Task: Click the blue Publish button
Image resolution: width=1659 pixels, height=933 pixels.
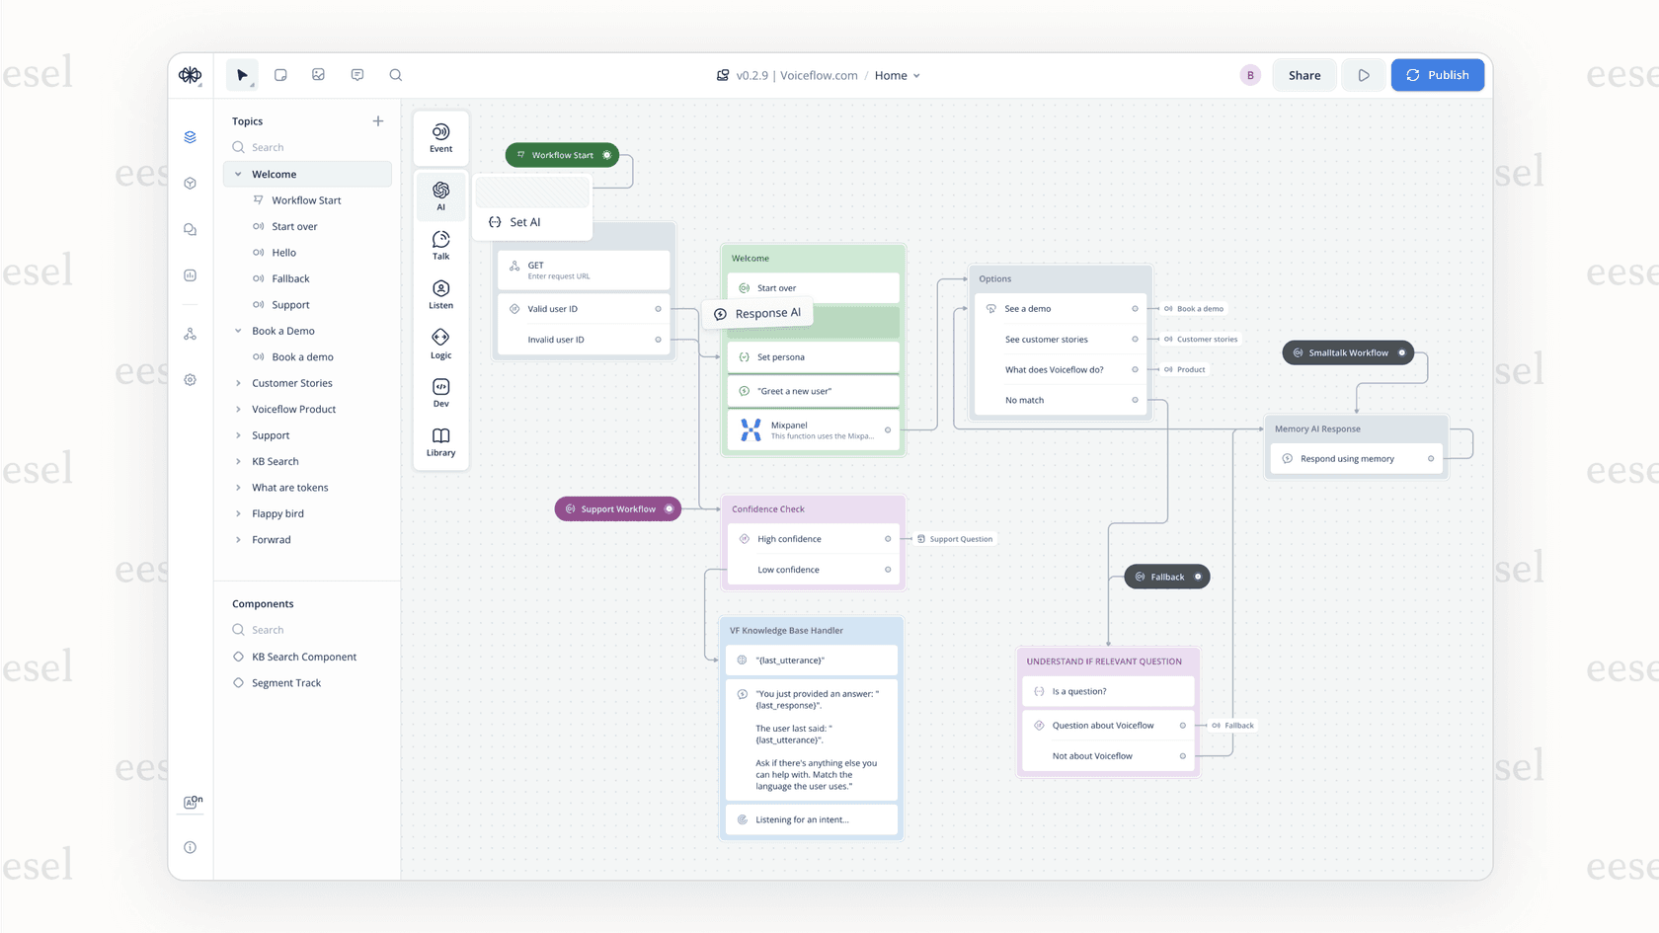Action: pos(1437,75)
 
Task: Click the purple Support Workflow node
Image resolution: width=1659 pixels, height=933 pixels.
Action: pos(617,509)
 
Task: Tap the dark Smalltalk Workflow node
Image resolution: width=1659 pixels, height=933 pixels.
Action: pos(1347,352)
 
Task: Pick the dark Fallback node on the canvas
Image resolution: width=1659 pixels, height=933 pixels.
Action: pos(1166,577)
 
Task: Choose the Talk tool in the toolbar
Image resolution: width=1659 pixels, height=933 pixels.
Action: pos(440,245)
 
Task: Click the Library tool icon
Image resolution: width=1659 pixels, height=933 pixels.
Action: pos(440,441)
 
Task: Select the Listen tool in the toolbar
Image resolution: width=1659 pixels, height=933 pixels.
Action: pos(440,294)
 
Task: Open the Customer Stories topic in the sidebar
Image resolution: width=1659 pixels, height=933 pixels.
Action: pos(292,383)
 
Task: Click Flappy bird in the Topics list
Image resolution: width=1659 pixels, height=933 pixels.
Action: pos(277,513)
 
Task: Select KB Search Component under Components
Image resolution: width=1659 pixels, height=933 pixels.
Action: pos(304,657)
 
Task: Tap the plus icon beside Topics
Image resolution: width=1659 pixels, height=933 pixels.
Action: pos(378,121)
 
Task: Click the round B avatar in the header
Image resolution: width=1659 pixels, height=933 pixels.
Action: pos(1250,75)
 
